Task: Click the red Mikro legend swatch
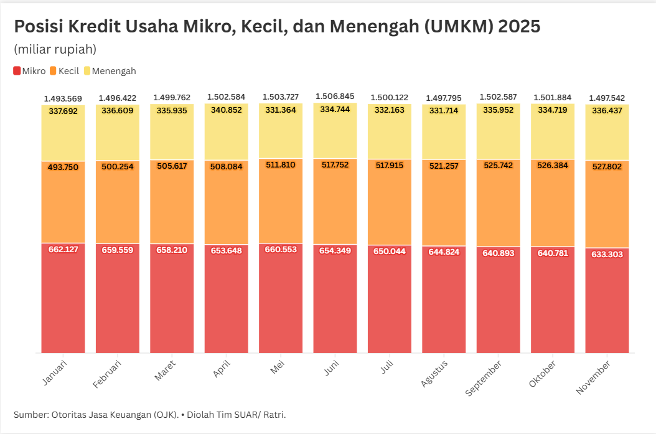click(17, 71)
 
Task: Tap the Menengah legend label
click(113, 71)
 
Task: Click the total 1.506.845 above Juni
click(335, 97)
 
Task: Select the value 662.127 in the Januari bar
click(63, 250)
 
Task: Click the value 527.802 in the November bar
click(607, 167)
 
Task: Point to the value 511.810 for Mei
click(280, 166)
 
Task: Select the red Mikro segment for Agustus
click(444, 305)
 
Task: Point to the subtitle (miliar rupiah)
click(55, 49)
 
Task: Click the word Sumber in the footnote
click(30, 415)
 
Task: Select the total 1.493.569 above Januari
click(63, 98)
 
